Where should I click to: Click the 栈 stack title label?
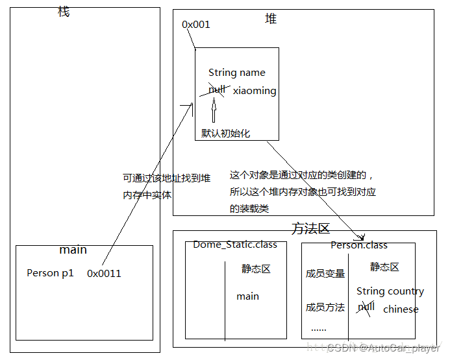(64, 12)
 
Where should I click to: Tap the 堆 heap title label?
(271, 19)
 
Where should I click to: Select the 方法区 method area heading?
(310, 228)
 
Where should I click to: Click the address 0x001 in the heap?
(195, 25)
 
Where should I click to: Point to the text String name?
(236, 73)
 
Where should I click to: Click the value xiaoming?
(255, 91)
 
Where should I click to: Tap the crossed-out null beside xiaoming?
(217, 90)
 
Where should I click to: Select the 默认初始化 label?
(225, 133)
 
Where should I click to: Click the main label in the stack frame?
(73, 250)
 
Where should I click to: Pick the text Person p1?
(50, 273)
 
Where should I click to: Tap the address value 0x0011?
(104, 274)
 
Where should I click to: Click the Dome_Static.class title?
(235, 245)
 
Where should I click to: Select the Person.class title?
(358, 245)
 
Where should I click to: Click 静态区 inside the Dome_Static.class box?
(256, 269)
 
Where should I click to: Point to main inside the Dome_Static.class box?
(247, 296)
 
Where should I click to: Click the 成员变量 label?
(325, 274)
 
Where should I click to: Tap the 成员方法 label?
(325, 307)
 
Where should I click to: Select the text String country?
(390, 291)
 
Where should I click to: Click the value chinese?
(401, 309)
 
